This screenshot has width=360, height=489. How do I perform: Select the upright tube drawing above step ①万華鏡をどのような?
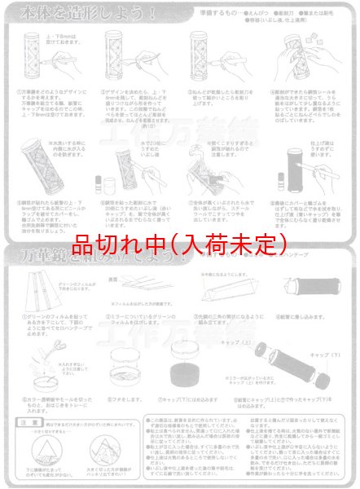click(34, 61)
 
